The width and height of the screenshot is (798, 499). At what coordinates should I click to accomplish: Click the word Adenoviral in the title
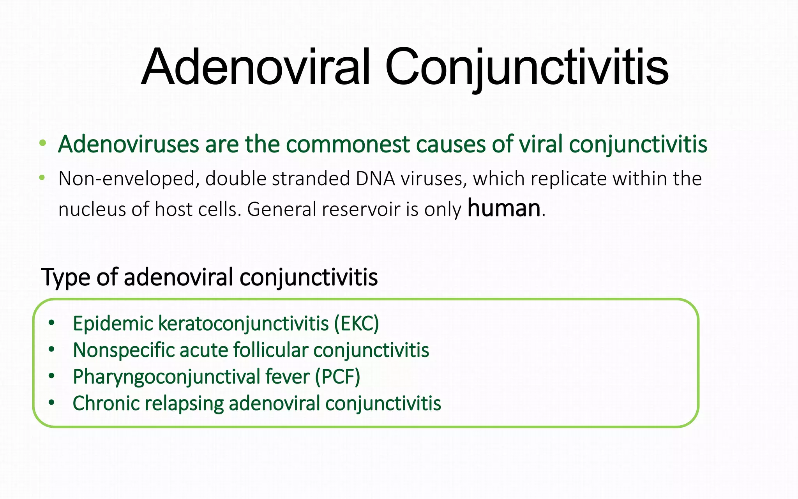[x=256, y=67]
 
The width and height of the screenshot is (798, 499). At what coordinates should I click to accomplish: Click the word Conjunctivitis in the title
[x=526, y=67]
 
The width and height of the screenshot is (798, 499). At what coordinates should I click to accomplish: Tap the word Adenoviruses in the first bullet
[x=129, y=145]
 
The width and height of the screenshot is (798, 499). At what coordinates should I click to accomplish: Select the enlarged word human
[x=503, y=208]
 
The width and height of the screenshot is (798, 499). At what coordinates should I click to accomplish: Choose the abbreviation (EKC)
[x=356, y=324]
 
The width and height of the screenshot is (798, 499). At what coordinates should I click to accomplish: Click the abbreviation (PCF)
[x=337, y=377]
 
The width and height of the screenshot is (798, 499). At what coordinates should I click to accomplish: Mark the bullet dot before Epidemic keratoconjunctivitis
[x=51, y=323]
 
